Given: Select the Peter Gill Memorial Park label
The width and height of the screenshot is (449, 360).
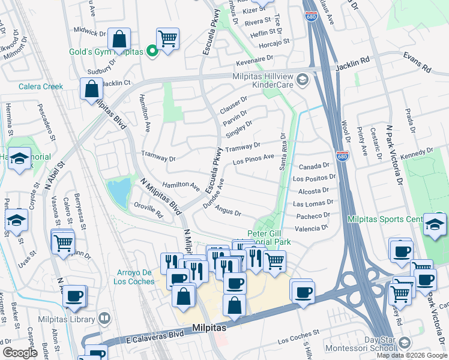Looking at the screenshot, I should [x=269, y=238].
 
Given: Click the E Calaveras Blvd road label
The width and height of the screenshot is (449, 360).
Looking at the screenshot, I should [x=143, y=335].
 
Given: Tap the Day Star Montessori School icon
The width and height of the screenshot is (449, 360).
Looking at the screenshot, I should [x=404, y=342].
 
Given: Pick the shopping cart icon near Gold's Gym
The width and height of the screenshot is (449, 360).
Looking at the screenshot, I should [x=167, y=38].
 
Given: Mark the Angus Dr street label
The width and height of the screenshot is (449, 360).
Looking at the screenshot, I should [x=228, y=212].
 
